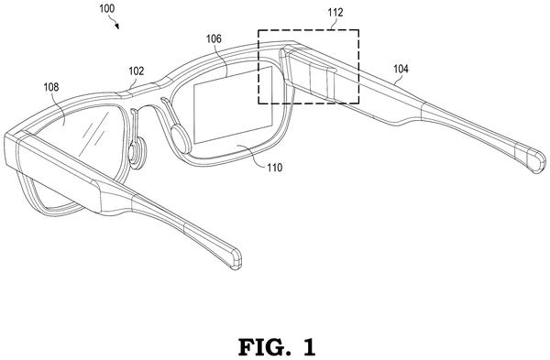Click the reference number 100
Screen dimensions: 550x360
coord(106,8)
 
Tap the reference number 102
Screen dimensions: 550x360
coord(136,71)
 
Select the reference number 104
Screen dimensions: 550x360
coord(401,69)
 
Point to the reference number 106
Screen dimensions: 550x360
coord(214,38)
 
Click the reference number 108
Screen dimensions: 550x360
coord(50,87)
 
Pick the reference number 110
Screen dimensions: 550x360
coord(274,168)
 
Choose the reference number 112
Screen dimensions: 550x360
coord(335,13)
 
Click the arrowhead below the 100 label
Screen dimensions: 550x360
coord(116,26)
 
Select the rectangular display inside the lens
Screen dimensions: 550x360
coord(233,104)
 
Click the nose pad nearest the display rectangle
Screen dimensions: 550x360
coord(181,139)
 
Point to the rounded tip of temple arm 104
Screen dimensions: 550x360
coord(536,161)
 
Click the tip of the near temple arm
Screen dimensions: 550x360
coord(236,258)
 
